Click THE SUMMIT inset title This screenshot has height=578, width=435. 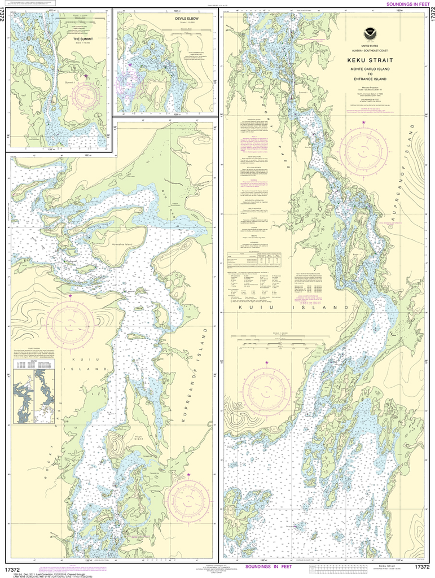click(x=83, y=39)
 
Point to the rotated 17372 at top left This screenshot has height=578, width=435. click(x=4, y=17)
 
